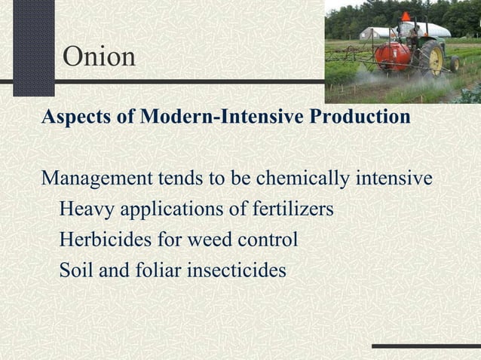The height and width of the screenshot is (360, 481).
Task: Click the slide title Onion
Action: pos(100,56)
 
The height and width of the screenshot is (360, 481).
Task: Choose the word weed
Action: pos(206,239)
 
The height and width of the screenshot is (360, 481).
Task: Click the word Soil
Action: pos(75,270)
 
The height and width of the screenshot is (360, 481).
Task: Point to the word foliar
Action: pos(155,270)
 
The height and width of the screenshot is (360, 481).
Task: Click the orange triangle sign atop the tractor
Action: pos(406,16)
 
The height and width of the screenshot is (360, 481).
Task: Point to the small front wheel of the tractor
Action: pos(455,64)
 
